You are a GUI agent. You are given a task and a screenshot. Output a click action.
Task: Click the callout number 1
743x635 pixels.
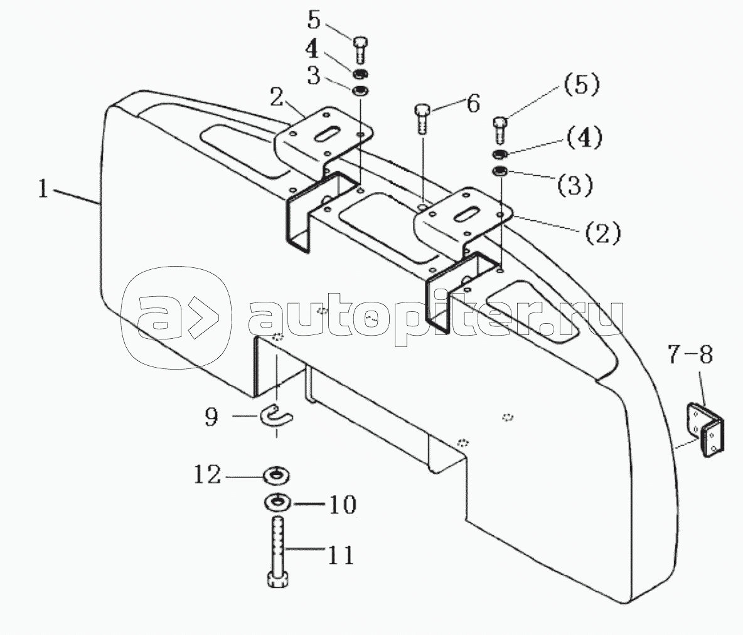tap(43, 189)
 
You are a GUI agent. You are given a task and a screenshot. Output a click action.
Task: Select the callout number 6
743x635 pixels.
tap(473, 104)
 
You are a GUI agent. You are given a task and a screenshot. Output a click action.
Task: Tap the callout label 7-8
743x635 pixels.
tap(690, 355)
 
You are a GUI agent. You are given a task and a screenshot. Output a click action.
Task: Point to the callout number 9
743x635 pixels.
tap(211, 417)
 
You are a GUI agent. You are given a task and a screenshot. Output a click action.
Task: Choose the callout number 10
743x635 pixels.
tap(342, 505)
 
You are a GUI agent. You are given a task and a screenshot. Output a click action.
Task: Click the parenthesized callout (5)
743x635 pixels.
tap(582, 85)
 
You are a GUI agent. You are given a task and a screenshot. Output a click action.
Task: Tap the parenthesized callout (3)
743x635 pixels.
tap(574, 184)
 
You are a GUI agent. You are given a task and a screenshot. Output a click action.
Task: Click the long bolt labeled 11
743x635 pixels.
tap(278, 552)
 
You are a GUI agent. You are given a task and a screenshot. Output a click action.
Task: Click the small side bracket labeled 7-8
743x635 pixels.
tap(705, 430)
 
